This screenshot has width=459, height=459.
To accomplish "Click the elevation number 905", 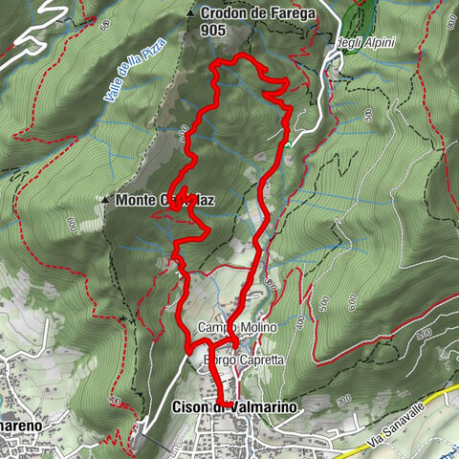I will click(x=214, y=31).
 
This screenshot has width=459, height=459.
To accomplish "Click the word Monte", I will click(x=135, y=201).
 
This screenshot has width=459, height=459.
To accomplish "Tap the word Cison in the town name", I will click(x=190, y=407).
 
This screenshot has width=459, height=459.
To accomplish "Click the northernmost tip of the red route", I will click(x=239, y=57).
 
